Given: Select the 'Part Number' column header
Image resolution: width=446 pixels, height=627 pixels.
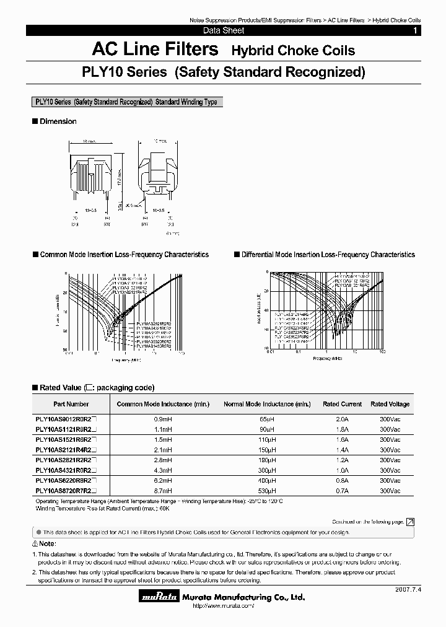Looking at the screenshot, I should (x=71, y=404).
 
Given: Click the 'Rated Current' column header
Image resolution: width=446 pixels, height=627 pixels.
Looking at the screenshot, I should (x=342, y=404).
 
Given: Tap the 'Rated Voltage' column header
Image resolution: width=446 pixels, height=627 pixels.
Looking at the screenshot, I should (x=390, y=404).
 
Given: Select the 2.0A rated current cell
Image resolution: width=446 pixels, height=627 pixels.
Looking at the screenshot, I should (x=342, y=419).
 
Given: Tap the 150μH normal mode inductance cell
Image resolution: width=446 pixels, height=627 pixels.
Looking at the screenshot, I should (x=267, y=449).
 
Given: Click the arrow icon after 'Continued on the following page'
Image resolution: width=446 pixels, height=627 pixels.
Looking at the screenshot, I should (x=410, y=522).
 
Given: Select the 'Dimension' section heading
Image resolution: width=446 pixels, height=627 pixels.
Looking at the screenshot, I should (x=58, y=121).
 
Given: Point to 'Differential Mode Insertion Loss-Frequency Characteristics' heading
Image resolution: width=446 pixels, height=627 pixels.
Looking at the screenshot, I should (x=328, y=255).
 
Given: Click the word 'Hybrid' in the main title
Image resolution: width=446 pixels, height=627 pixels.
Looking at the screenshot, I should (x=254, y=50).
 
